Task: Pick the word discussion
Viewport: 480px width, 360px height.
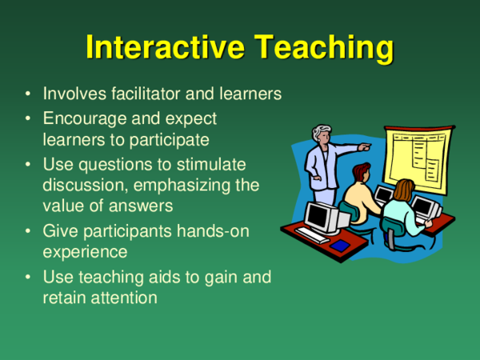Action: (81, 185)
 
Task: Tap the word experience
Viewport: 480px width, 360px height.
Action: (85, 251)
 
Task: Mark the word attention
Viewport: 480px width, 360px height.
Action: (122, 298)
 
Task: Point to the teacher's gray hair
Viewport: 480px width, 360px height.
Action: (322, 131)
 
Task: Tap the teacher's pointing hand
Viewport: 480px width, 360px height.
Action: (365, 147)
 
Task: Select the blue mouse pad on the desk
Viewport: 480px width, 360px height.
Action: (341, 246)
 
